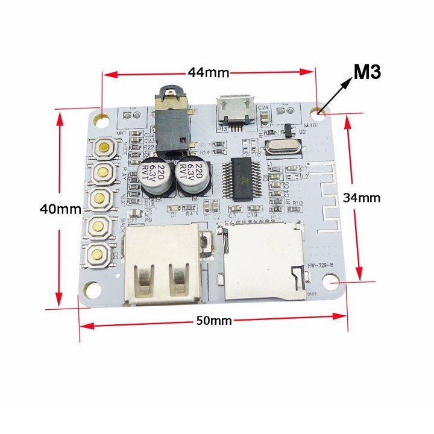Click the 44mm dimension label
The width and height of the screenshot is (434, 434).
[x=209, y=74]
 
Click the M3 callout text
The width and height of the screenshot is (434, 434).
[x=367, y=73]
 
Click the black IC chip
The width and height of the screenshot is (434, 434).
[x=244, y=178]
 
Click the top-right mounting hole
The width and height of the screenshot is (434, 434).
[x=319, y=111]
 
